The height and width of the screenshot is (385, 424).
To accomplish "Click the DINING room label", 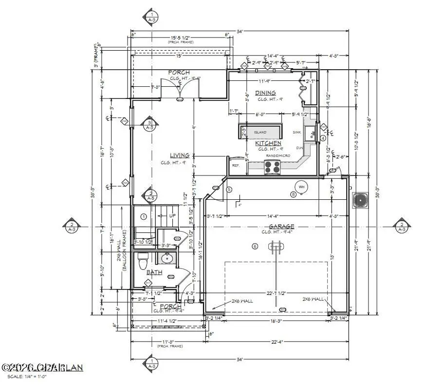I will point(265,93).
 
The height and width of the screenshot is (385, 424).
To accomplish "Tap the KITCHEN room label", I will point(269,143).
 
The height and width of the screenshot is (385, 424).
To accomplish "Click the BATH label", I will point(154,272).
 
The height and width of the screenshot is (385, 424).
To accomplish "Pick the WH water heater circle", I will point(302,186).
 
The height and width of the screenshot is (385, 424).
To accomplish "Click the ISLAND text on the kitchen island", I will point(260,132).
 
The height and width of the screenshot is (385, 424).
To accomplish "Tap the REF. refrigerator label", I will point(236,166).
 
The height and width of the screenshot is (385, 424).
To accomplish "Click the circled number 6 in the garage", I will point(254,246).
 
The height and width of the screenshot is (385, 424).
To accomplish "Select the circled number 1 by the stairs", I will point(144,216).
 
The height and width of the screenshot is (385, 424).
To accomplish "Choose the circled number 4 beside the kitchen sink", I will point(323,138).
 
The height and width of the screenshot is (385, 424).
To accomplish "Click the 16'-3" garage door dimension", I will point(264,322).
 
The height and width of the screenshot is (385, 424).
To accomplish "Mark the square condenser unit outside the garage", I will point(360,200).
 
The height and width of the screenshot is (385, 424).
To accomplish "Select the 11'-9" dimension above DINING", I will point(265,81).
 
